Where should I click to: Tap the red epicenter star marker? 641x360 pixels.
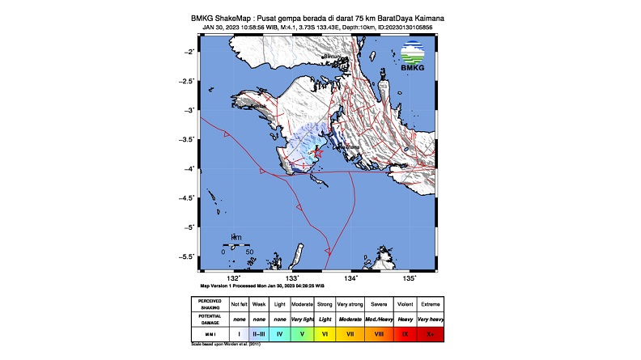pyautogui.click(x=317, y=152)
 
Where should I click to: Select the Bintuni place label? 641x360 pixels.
pyautogui.click(x=333, y=57)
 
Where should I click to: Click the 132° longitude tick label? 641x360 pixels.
pyautogui.click(x=235, y=277)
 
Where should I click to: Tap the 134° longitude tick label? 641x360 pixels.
pyautogui.click(x=351, y=277)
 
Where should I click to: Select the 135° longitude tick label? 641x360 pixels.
pyautogui.click(x=410, y=277)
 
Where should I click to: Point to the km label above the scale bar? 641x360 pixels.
pyautogui.click(x=236, y=237)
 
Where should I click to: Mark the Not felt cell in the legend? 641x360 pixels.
pyautogui.click(x=239, y=303)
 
